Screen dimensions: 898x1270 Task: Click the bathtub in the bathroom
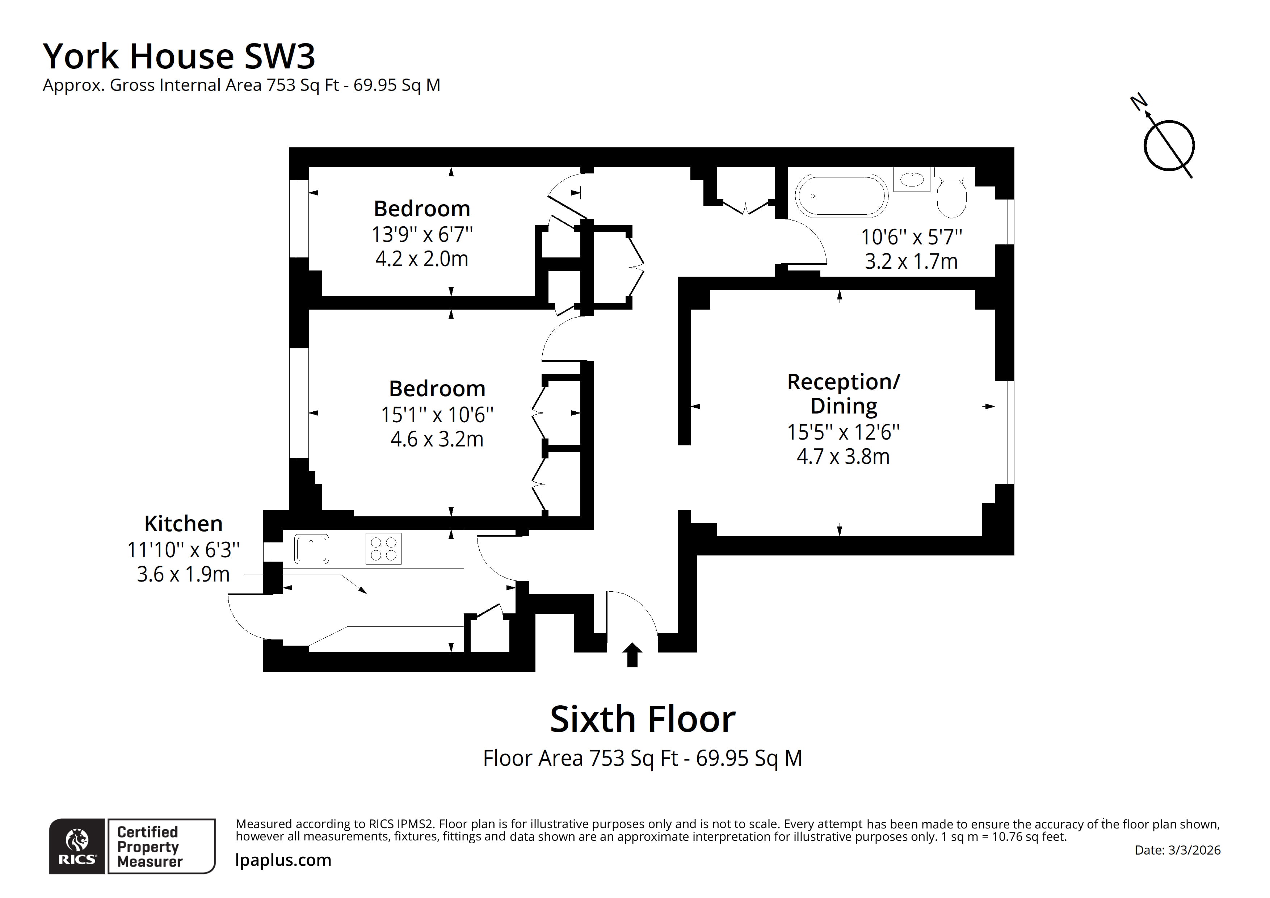[x=841, y=196]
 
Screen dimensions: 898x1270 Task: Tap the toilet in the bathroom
[x=951, y=196]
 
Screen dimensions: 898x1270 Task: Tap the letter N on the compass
[x=1138, y=102]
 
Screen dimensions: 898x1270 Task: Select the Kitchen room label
[x=183, y=524]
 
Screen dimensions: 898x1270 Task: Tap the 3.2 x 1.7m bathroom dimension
[x=911, y=261]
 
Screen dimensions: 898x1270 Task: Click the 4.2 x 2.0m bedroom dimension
[x=421, y=259]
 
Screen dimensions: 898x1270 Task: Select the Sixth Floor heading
[x=642, y=719]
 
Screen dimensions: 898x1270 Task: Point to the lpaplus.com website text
[x=283, y=860]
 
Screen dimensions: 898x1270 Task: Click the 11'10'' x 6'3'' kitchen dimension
[x=183, y=550]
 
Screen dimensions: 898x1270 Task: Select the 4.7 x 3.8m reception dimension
[x=843, y=457]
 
